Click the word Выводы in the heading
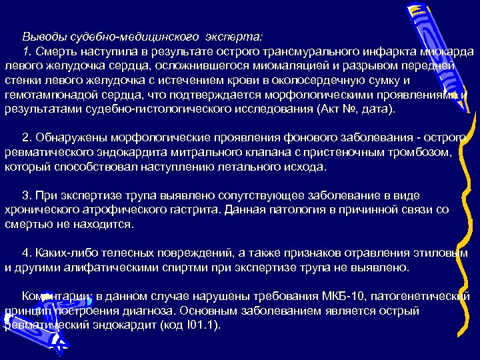pyautogui.click(x=41, y=37)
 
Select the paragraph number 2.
pyautogui.click(x=26, y=138)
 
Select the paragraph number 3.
pyautogui.click(x=26, y=196)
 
